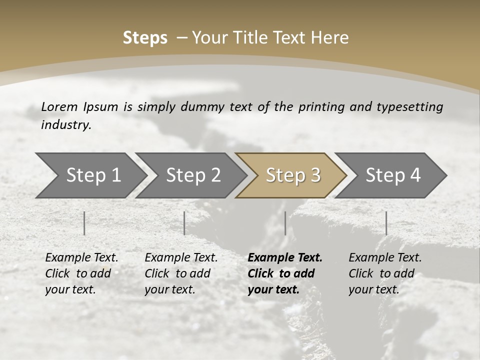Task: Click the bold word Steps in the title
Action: coord(145,38)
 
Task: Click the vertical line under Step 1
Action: coord(84,223)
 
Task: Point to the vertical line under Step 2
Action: coord(184,223)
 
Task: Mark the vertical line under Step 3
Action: coord(285,223)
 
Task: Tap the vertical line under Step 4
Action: coord(386,223)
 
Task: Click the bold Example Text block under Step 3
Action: coord(285,273)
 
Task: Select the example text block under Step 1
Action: coord(81,273)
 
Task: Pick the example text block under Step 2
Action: coord(181,273)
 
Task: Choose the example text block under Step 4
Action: coord(385,273)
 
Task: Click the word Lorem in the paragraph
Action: coord(59,107)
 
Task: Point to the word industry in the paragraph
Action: coord(65,125)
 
